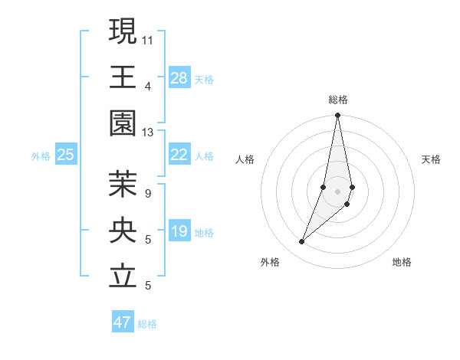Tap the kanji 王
click(123, 77)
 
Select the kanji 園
click(123, 123)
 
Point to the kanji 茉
click(123, 183)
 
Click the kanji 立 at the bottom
click(123, 277)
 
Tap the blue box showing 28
click(179, 78)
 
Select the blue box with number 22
click(179, 155)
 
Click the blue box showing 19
click(179, 231)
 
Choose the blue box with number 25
click(65, 155)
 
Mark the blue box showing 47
click(123, 322)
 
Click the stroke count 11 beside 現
click(148, 39)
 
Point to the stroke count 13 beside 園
click(148, 133)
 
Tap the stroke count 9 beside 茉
click(148, 193)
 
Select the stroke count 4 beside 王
click(148, 86)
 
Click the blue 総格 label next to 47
click(147, 324)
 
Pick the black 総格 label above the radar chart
click(337, 100)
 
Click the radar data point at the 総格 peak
click(337, 116)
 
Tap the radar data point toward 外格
click(302, 242)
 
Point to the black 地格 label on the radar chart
click(402, 262)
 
